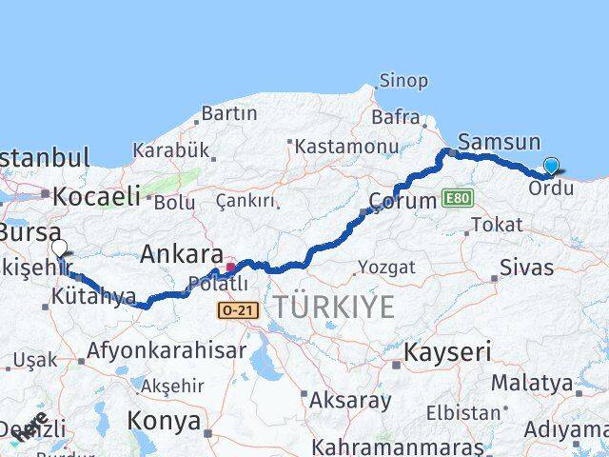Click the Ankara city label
[x=182, y=254]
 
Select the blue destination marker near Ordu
[x=552, y=167]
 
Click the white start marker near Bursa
[x=59, y=248]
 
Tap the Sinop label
[x=403, y=81]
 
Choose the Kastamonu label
[x=346, y=147]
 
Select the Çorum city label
[x=402, y=202]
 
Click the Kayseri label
[x=447, y=352]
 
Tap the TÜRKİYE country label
[x=333, y=308]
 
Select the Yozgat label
[x=389, y=268]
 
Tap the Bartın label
[x=230, y=113]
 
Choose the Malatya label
[x=532, y=383]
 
